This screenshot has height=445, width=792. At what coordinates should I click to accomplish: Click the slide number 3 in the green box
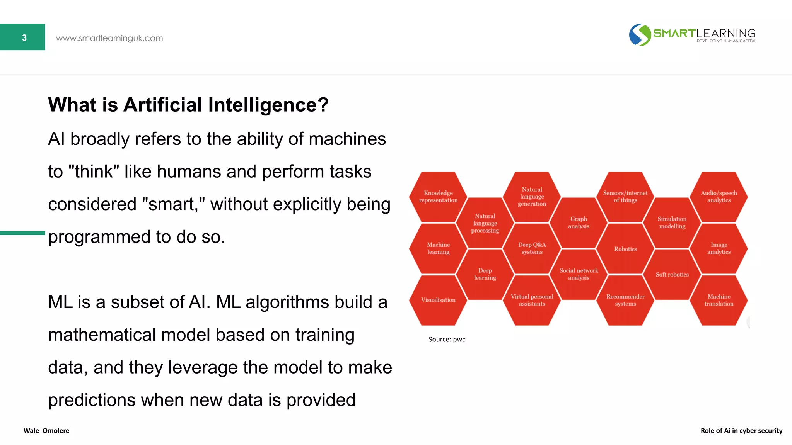coord(24,37)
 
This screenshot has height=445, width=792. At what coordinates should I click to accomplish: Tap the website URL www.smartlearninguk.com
coord(109,38)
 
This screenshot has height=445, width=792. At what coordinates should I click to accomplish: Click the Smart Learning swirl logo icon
coord(640,35)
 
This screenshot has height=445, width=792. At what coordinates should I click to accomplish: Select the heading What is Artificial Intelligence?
coord(188,105)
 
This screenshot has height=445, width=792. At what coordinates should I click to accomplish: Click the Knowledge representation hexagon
coord(438,197)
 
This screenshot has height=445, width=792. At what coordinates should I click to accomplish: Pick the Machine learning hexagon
coord(438,248)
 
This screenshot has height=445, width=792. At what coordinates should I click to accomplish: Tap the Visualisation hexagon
coord(438,300)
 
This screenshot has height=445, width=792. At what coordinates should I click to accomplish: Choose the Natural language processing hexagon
coord(485,223)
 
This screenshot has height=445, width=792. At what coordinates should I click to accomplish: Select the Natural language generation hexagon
coord(532,197)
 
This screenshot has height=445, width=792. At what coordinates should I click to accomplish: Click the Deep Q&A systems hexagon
coord(532,248)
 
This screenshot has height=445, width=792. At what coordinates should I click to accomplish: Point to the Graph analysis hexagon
coord(579,222)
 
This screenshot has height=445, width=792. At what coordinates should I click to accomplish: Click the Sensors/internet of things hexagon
coord(625,197)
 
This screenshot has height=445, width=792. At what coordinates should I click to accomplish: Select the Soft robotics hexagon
coord(672,275)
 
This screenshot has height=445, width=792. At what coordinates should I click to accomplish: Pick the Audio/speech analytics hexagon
coord(719,197)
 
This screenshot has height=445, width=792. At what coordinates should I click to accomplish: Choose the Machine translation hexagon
coord(719,300)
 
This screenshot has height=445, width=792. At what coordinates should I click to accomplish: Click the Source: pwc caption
coord(447,339)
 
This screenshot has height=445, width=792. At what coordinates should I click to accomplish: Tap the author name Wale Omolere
coord(46,431)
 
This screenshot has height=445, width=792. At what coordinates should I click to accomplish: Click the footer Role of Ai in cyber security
coord(741,431)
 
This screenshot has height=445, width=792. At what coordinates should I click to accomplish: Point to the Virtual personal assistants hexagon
coord(532,300)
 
